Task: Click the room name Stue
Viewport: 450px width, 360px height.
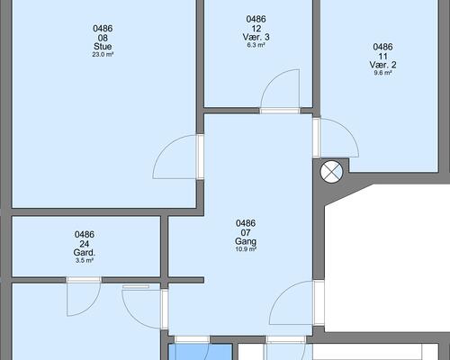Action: tap(103, 47)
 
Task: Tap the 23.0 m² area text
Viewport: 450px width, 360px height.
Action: tap(103, 55)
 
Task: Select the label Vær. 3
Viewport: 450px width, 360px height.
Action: tap(256, 37)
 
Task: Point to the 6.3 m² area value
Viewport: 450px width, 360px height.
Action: tap(256, 45)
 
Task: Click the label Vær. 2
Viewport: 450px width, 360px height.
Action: tap(382, 65)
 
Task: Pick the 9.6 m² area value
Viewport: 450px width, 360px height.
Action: tap(382, 73)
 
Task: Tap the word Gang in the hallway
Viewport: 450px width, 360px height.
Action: tap(246, 241)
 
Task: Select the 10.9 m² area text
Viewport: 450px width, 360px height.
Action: tap(246, 249)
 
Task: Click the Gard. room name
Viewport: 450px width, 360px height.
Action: tap(85, 253)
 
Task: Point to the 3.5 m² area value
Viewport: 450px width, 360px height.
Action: tap(85, 261)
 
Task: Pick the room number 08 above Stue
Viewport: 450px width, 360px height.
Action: tap(103, 38)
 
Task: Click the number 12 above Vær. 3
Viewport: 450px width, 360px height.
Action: tap(256, 29)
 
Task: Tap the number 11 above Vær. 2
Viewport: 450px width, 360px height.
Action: tap(382, 56)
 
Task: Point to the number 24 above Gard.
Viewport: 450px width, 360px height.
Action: tap(85, 244)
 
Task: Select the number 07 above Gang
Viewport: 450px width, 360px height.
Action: tap(246, 232)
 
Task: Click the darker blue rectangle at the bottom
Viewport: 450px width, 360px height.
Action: tap(201, 352)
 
